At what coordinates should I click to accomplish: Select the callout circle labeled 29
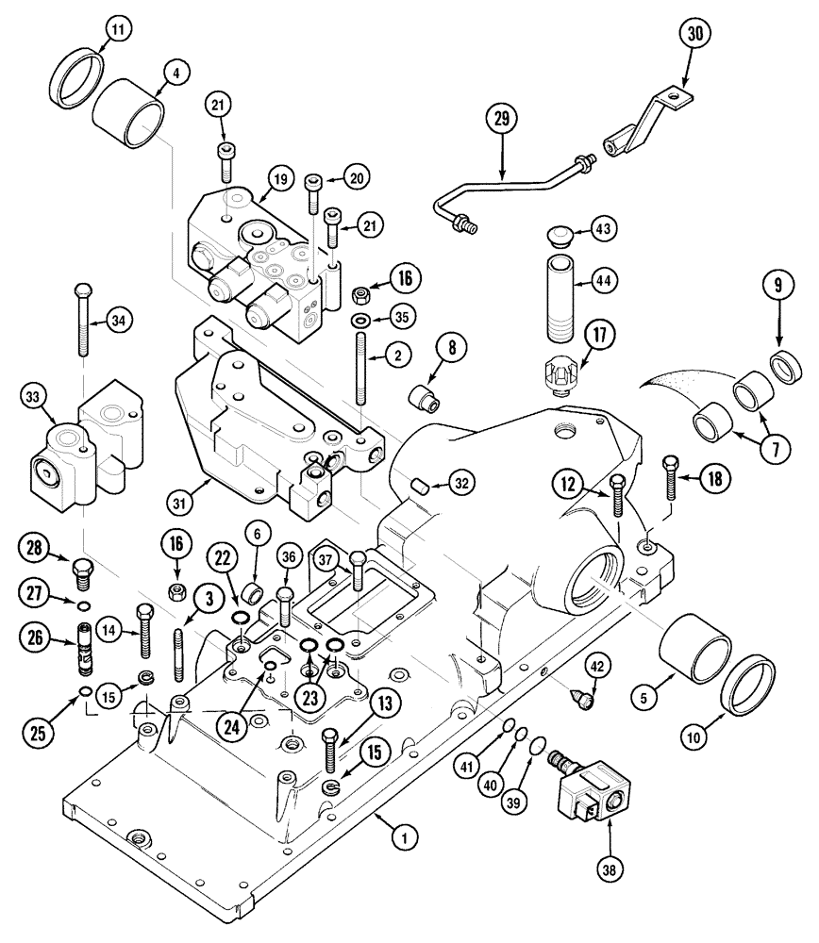[x=502, y=121]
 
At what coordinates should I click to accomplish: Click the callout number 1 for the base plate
[x=403, y=834]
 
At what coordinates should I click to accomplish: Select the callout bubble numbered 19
[x=278, y=177]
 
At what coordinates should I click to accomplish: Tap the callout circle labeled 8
[x=451, y=348]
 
